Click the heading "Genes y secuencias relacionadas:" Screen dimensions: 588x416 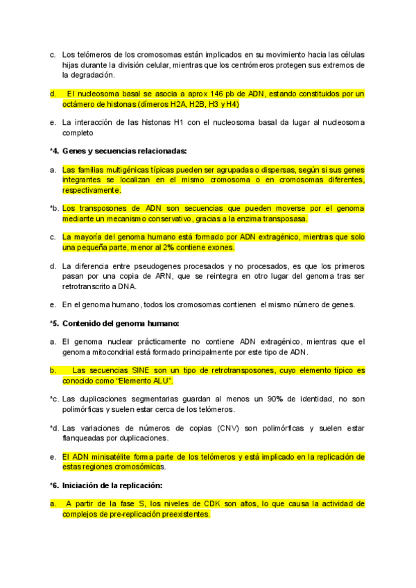[124, 150]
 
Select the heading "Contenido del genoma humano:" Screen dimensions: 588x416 [121, 323]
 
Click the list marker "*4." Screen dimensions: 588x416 [53, 150]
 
